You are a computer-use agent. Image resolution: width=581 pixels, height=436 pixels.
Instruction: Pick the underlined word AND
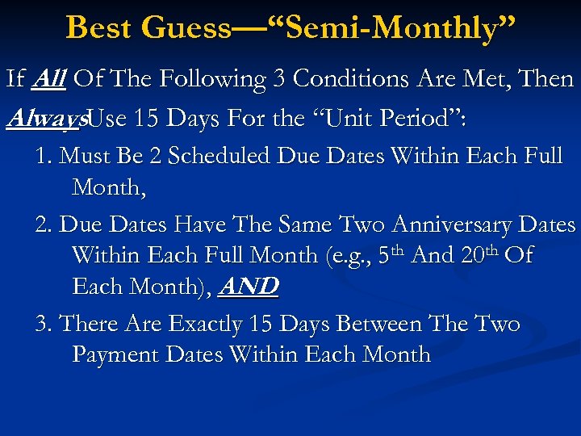[x=249, y=287]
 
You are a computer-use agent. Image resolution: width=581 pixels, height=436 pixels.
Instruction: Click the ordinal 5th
[x=391, y=254]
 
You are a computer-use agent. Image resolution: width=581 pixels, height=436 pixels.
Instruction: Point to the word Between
[x=362, y=324]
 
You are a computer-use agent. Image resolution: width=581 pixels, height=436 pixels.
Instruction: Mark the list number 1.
[x=42, y=155]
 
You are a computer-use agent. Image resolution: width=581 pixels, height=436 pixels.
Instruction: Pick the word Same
[x=308, y=224]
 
